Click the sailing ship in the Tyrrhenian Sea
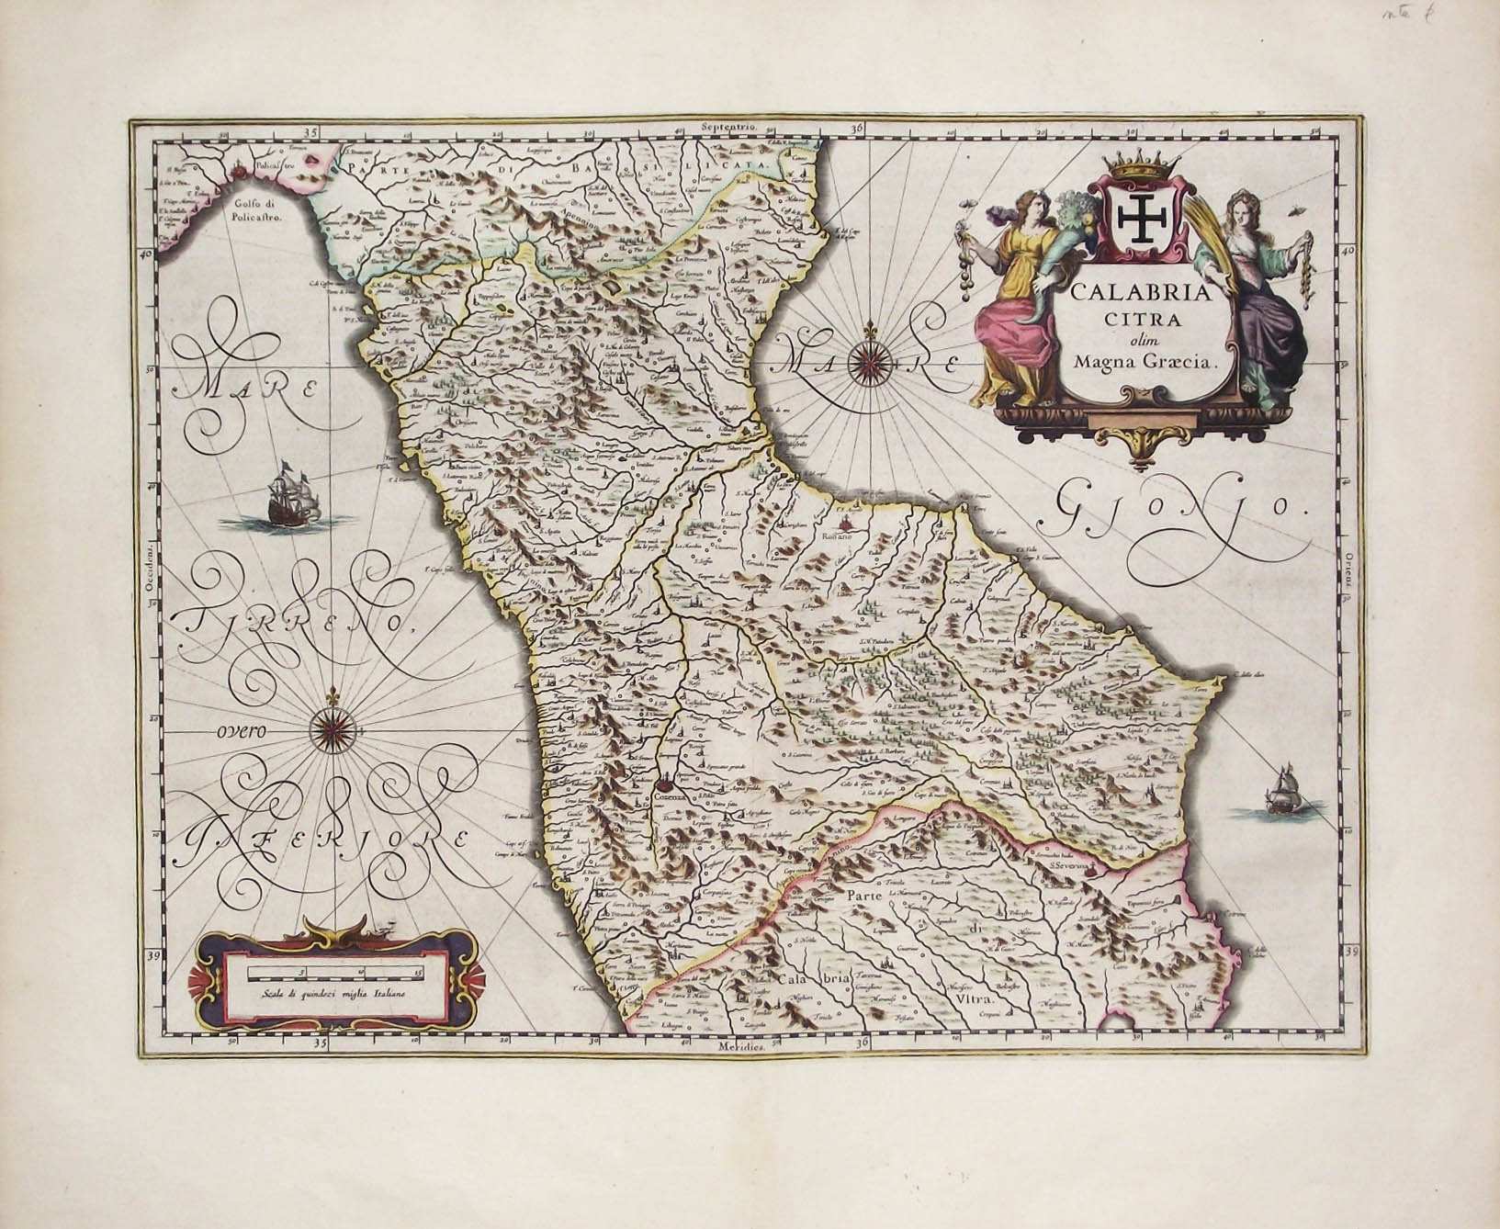tap(290, 496)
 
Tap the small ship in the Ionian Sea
tap(1280, 791)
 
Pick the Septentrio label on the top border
tap(726, 126)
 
